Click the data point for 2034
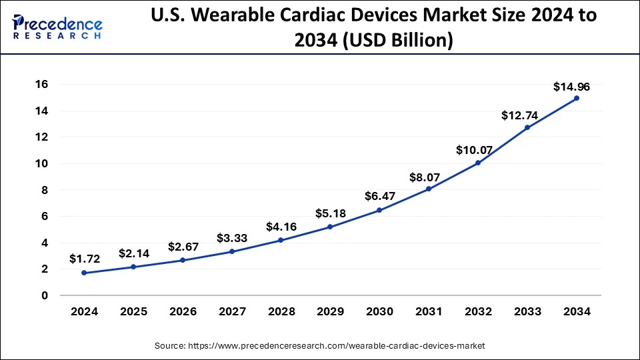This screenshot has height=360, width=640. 577,98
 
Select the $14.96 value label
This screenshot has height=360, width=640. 571,87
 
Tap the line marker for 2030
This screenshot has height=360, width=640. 379,210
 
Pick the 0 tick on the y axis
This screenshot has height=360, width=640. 45,295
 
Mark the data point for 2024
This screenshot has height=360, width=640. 84,273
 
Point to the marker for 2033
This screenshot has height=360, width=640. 527,127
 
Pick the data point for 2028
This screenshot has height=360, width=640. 281,240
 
